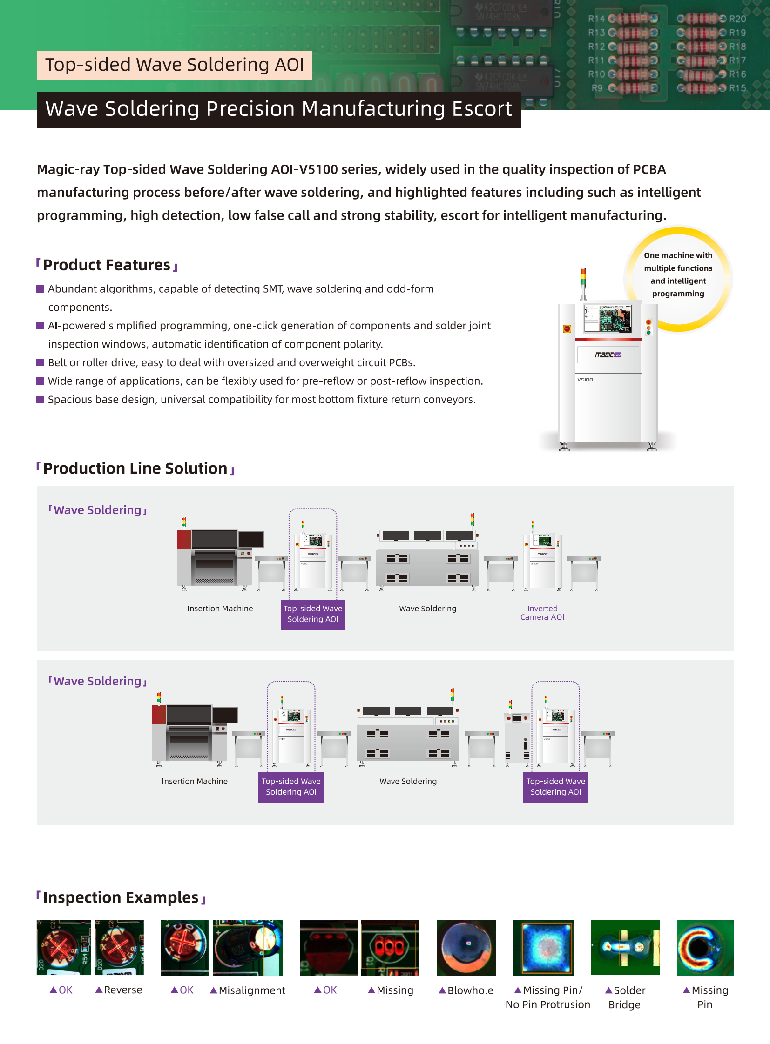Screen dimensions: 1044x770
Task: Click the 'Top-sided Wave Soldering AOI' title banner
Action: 174,65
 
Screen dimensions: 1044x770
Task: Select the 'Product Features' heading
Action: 107,265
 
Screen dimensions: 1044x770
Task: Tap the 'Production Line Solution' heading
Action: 135,468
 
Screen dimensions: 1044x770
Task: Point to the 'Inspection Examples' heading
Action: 121,897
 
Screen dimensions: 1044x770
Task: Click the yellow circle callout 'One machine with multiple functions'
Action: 678,274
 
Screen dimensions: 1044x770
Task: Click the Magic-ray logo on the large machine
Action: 608,355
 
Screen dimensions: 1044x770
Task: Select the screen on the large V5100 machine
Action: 608,318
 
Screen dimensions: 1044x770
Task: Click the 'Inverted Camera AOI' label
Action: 542,613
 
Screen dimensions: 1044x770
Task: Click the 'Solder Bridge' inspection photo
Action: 625,948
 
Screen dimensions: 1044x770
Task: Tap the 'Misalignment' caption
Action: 252,990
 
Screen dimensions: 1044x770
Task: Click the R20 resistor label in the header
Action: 737,19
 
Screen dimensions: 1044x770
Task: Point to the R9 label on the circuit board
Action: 597,88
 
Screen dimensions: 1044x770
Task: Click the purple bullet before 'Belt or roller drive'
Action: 40,362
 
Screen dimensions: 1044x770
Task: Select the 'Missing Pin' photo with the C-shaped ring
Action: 705,948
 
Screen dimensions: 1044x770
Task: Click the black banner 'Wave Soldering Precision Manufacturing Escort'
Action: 279,109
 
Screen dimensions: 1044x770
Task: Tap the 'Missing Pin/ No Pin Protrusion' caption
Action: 547,997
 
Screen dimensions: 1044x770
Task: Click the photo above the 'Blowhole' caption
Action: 466,948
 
